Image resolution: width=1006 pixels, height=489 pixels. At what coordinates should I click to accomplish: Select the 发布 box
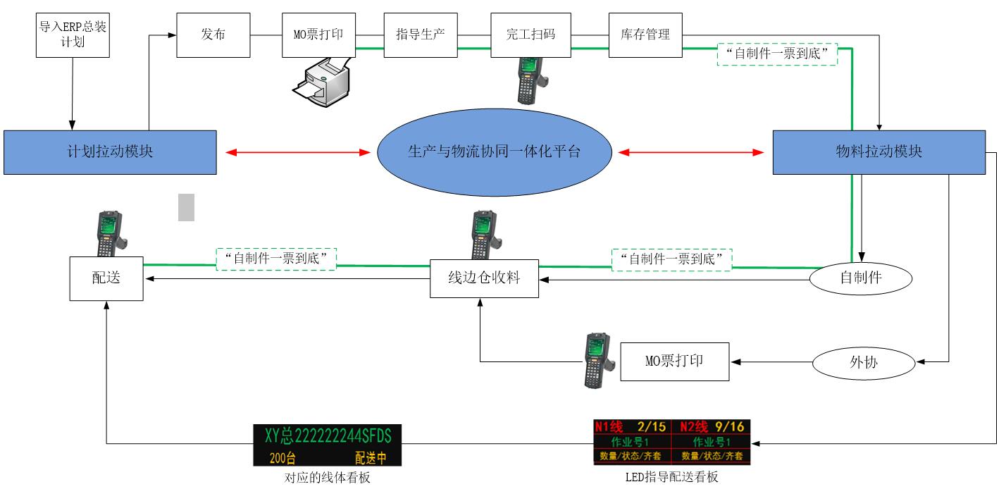pyautogui.click(x=213, y=35)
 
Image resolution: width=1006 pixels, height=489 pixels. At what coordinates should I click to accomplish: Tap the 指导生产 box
pyautogui.click(x=420, y=35)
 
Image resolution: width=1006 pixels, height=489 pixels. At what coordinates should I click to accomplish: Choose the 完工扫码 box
pyautogui.click(x=530, y=35)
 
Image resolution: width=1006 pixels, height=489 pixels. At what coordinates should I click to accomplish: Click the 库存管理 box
pyautogui.click(x=645, y=35)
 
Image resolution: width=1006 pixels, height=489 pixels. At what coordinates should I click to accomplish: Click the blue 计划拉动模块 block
pyautogui.click(x=109, y=151)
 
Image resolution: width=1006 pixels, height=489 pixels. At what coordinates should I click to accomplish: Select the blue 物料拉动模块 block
pyautogui.click(x=878, y=151)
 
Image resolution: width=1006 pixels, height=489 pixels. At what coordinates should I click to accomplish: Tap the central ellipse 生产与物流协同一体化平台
pyautogui.click(x=494, y=151)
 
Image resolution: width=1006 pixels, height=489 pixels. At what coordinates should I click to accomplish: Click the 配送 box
pyautogui.click(x=106, y=278)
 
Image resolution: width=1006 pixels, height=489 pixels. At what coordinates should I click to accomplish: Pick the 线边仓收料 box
pyautogui.click(x=484, y=278)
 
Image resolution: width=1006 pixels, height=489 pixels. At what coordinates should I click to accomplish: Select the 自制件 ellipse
pyautogui.click(x=860, y=278)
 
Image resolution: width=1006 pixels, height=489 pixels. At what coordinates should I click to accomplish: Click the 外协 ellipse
pyautogui.click(x=864, y=363)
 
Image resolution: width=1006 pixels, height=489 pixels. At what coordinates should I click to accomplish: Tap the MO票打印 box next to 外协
pyautogui.click(x=674, y=361)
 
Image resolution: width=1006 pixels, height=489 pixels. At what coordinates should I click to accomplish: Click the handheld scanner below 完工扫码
pyautogui.click(x=530, y=79)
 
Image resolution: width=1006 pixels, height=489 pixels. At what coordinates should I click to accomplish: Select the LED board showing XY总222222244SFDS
pyautogui.click(x=327, y=445)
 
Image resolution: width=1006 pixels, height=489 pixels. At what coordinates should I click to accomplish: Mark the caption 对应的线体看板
pyautogui.click(x=327, y=478)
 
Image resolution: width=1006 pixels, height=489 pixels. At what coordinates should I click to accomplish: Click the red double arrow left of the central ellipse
pyautogui.click(x=297, y=151)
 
